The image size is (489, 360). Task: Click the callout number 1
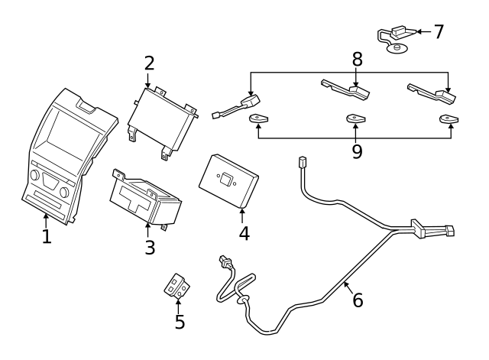point(47,236)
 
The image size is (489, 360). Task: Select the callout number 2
point(149,63)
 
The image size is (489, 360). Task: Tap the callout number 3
point(150,247)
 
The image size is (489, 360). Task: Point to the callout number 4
point(244,233)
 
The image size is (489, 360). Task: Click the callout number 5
point(180,322)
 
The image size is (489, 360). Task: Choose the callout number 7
point(438,31)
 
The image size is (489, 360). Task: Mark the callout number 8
point(357,59)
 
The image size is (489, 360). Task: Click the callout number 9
point(357,151)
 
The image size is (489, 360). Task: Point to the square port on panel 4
point(227,180)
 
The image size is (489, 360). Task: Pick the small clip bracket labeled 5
point(177,287)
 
